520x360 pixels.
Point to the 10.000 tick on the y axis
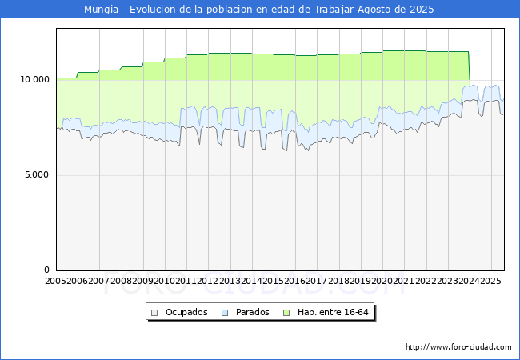[x=35, y=79]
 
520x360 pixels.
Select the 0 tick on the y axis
[x=47, y=270]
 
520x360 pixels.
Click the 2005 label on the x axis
[x=56, y=281]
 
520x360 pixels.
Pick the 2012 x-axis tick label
[x=207, y=281]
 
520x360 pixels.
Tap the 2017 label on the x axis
[x=316, y=281]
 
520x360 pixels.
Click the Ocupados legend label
[x=186, y=312]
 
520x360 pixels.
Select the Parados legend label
[x=253, y=312]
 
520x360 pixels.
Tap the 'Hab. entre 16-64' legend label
[x=333, y=312]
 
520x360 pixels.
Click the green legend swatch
[x=289, y=312]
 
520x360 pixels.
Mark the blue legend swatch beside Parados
[x=226, y=312]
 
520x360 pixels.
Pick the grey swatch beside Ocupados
[x=155, y=312]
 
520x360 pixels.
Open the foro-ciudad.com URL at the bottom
[x=458, y=347]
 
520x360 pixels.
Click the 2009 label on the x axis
[x=142, y=281]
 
